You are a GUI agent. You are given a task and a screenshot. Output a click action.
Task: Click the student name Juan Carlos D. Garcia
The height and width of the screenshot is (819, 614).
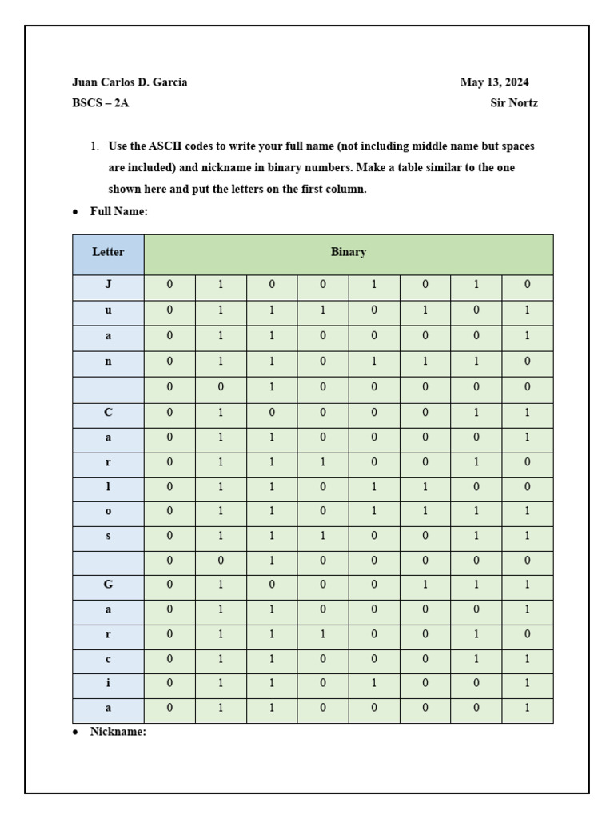pos(130,82)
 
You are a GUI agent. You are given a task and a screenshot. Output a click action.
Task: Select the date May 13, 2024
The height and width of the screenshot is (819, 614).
pos(494,82)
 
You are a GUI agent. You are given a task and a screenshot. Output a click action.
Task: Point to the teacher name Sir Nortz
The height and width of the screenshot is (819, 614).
pos(514,103)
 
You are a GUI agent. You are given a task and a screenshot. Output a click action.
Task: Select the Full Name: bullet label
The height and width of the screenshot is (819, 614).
pos(119,212)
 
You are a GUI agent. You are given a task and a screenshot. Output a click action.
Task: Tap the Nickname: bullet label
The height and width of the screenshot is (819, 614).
pos(118,732)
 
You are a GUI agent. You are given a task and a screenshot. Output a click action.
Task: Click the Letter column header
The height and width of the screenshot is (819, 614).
pos(108,252)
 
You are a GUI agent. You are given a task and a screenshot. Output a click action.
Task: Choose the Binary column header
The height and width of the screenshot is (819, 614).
pos(349,252)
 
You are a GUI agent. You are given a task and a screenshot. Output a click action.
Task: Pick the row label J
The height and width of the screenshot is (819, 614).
pos(108,284)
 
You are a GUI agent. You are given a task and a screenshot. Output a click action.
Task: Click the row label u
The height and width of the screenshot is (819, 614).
pos(108,310)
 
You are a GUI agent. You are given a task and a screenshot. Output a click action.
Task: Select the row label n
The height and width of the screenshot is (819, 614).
pos(108,362)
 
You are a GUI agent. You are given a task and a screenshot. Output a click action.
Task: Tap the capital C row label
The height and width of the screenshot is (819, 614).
pos(108,413)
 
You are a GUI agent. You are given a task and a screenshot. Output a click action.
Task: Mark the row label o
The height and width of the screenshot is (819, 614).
pos(108,511)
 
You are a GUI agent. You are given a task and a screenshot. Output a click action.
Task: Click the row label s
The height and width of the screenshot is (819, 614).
pos(108,536)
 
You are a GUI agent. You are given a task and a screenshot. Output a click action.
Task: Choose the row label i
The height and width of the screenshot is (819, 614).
pos(108,684)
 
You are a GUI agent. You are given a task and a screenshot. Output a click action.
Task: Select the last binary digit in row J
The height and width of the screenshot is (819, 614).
pos(528,284)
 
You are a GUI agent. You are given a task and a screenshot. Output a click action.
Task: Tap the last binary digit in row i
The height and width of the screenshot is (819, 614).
pos(528,684)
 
